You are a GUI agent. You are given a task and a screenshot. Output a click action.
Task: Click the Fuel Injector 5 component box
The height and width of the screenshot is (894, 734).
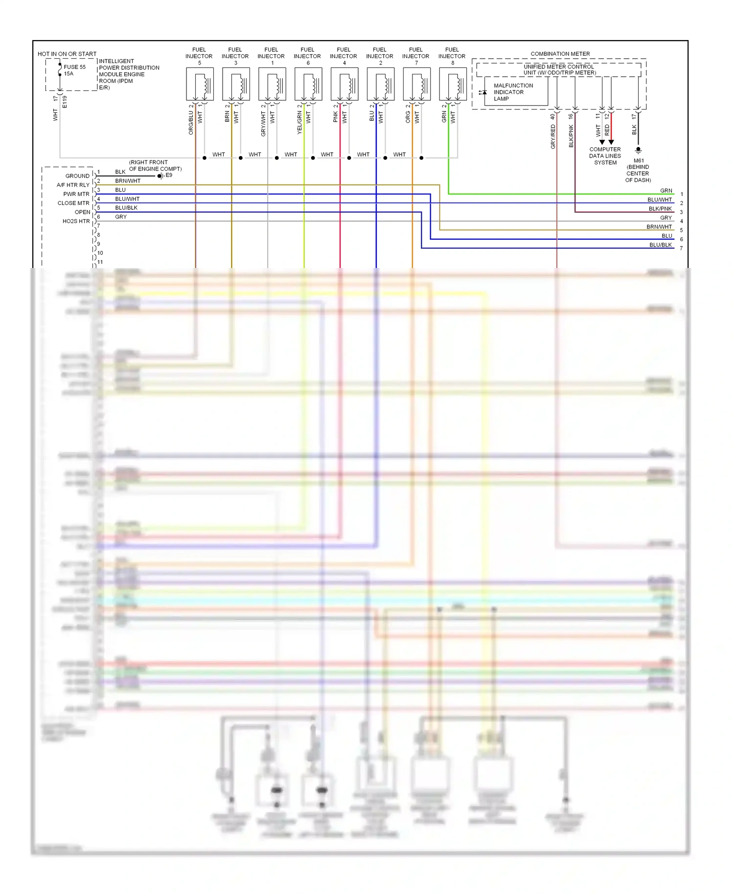coord(200,84)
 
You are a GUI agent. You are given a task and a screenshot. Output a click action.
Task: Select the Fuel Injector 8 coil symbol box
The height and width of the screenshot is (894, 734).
coord(453,84)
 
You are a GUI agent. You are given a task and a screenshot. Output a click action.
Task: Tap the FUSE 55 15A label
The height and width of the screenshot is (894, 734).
coord(74,70)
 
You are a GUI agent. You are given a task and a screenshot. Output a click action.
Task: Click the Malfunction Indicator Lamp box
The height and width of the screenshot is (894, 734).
coord(516,92)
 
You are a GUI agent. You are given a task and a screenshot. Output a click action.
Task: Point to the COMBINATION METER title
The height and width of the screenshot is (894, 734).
coord(560,54)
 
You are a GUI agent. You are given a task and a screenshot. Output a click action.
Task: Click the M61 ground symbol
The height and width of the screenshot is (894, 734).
coord(638,150)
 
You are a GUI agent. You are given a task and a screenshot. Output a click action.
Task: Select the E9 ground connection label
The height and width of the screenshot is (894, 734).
coord(169,175)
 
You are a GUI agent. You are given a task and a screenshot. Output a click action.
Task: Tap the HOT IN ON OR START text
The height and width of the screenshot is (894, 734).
coord(67,54)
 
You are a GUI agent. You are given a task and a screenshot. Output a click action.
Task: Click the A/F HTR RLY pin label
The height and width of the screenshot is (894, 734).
coord(73,185)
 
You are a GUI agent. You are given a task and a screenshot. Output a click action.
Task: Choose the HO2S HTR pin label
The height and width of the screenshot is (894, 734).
coord(76,221)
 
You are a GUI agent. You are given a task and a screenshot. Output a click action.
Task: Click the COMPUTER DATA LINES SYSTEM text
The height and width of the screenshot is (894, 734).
coord(605,156)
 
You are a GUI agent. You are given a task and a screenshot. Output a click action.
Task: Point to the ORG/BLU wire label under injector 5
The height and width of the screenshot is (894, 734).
coord(191,123)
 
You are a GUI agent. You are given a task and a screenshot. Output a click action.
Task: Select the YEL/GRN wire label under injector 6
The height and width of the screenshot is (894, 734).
coord(299,123)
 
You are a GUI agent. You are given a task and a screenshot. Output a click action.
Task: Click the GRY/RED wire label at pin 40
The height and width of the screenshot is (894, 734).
coord(553,136)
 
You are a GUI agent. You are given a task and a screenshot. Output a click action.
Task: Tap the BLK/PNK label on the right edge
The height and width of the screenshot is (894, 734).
coord(660,209)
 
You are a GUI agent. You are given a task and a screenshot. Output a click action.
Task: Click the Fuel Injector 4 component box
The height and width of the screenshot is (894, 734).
coord(344,84)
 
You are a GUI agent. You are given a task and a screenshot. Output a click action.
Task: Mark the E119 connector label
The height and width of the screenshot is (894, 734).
coord(65,102)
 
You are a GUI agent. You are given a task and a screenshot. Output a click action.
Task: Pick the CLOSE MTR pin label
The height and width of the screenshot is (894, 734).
coord(73,203)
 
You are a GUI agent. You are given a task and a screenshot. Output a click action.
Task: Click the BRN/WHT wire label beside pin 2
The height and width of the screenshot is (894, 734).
coord(128,181)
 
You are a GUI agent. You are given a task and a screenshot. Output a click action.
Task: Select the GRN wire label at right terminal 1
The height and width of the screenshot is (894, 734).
coord(666,191)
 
